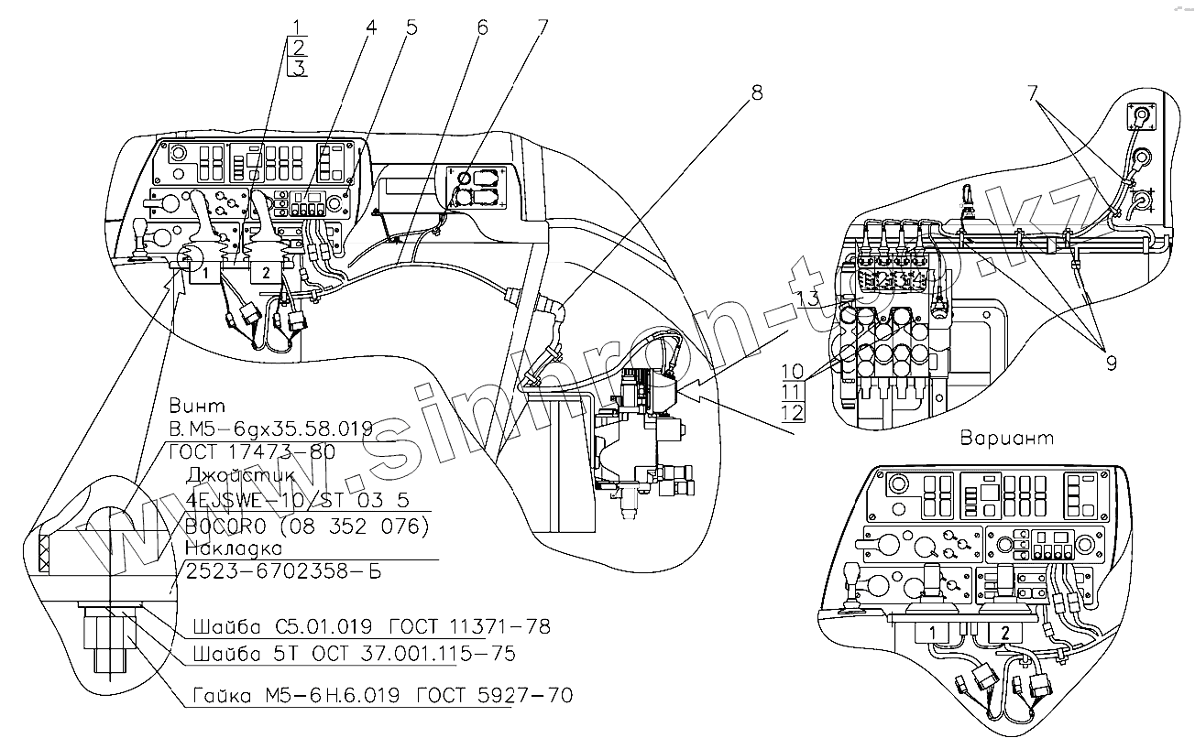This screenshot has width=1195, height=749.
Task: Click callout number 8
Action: tap(757, 92)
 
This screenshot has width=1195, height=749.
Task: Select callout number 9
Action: tap(1111, 364)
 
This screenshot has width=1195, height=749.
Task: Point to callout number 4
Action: tap(371, 27)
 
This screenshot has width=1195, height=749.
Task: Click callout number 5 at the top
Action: tap(411, 27)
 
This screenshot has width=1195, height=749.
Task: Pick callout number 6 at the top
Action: tap(482, 27)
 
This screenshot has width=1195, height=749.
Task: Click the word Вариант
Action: tap(1007, 438)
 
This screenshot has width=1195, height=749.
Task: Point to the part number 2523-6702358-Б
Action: tap(282, 571)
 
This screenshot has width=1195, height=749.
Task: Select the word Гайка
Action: tap(221, 696)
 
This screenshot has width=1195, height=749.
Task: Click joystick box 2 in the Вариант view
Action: tap(1004, 632)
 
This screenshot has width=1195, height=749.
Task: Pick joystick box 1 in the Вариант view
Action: tap(930, 633)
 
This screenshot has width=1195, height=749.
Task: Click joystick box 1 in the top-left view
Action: tap(207, 272)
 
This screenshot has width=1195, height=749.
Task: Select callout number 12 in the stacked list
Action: tap(794, 412)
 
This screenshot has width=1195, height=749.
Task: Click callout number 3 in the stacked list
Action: tap(299, 68)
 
